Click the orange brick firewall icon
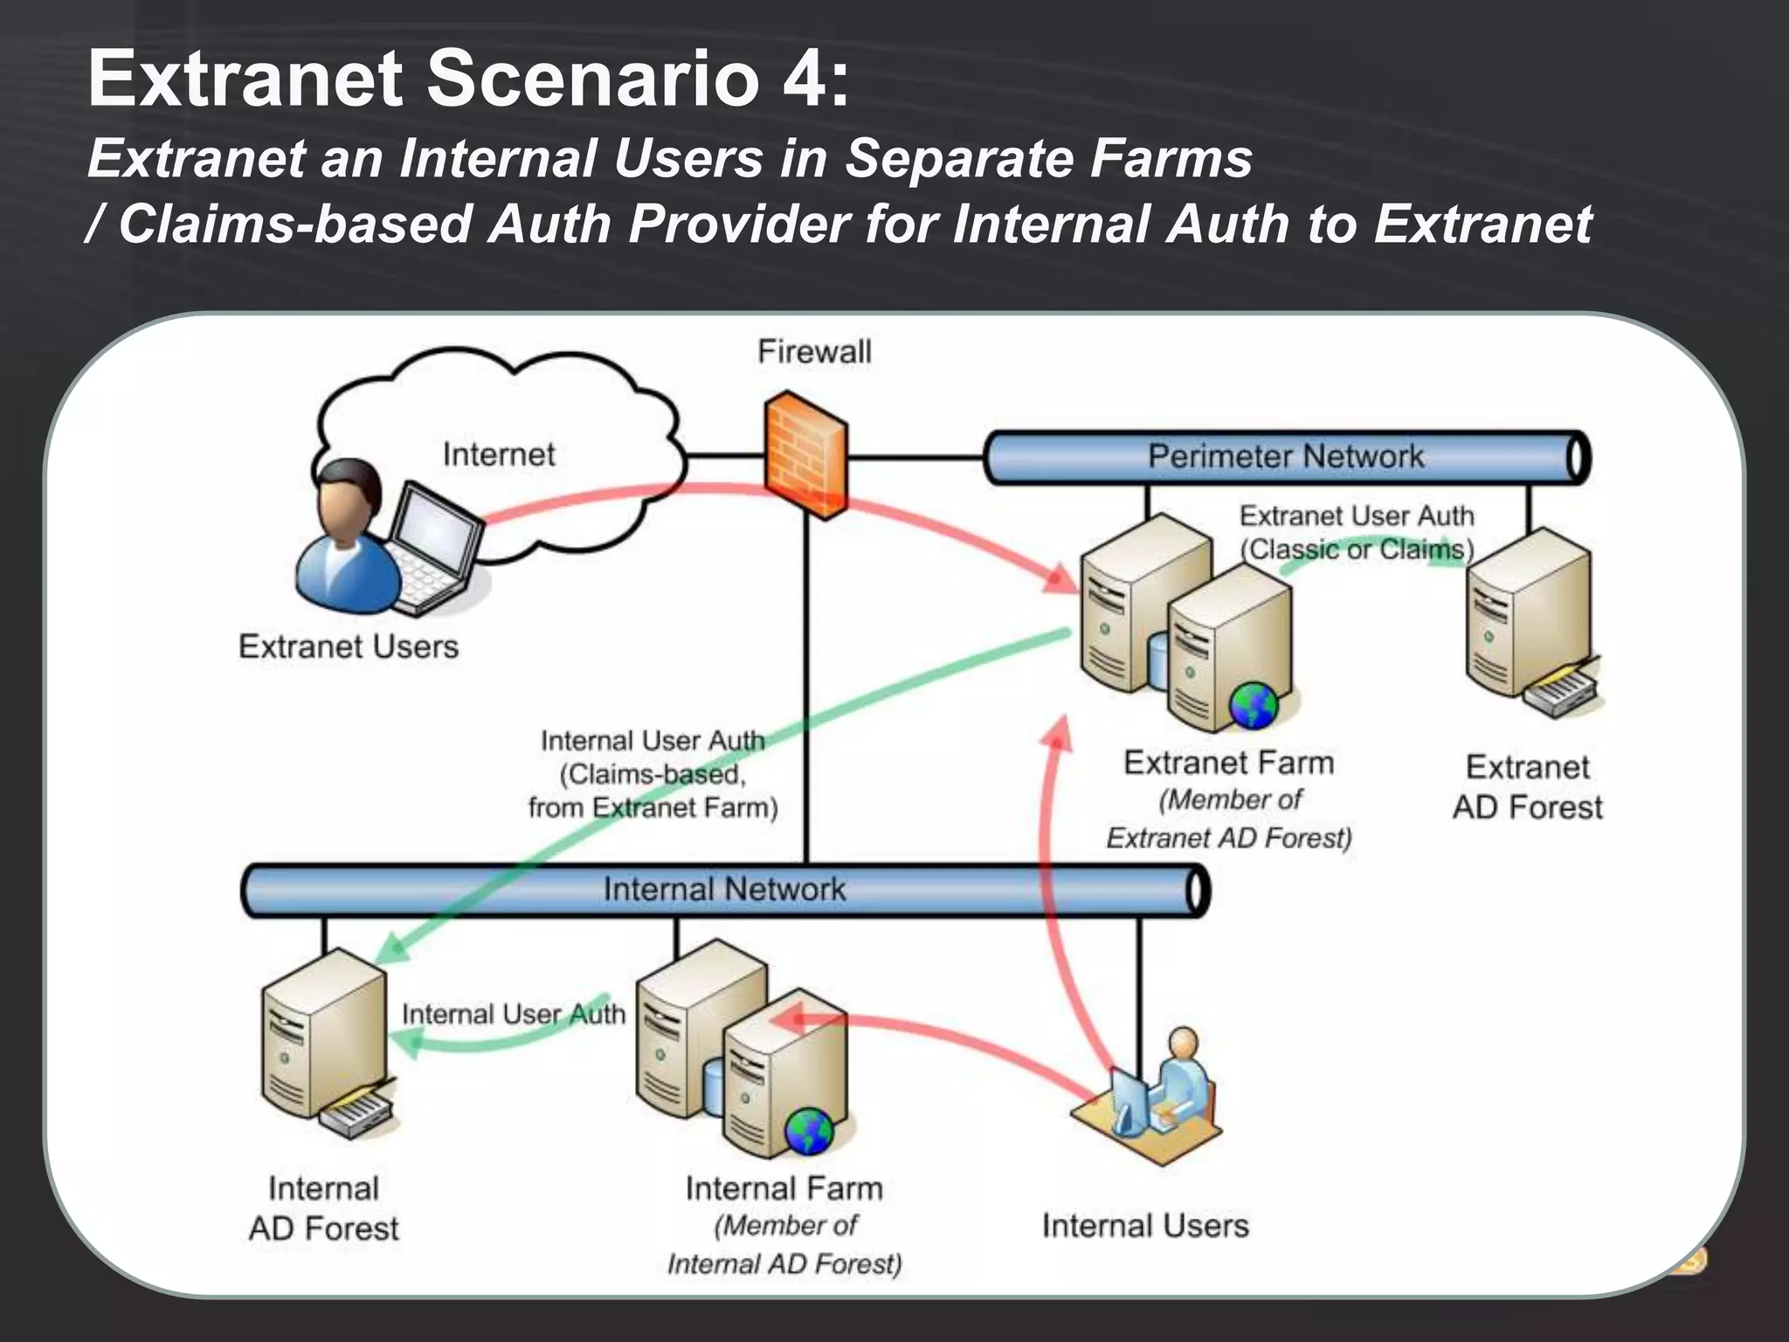(805, 455)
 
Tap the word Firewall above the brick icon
(814, 352)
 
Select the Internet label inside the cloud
(498, 454)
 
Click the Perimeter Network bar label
(1285, 456)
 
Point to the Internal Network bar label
(724, 889)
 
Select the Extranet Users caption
(349, 647)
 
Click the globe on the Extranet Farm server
(1254, 705)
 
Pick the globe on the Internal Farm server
(808, 1131)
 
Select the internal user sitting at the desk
(1179, 1083)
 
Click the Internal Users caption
(1145, 1226)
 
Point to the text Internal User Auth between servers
(513, 1014)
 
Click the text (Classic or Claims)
(1357, 550)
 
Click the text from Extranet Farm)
(653, 807)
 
